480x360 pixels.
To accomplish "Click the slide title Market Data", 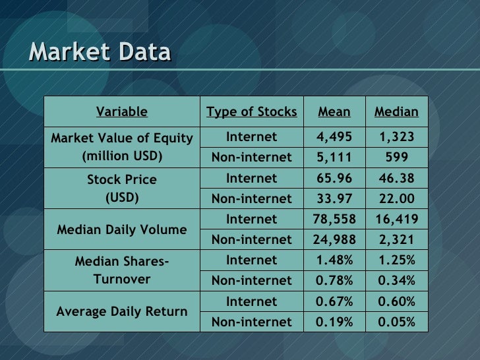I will point(100,52).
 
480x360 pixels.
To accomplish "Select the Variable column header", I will point(121,111).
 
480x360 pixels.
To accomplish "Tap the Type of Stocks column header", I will point(251,111).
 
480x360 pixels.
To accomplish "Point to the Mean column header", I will point(334,111).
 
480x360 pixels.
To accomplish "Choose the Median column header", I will point(396,111).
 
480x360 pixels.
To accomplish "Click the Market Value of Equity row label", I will point(121,147).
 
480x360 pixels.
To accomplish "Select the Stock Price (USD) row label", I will point(121,188).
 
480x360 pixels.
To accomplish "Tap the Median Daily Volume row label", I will point(121,230).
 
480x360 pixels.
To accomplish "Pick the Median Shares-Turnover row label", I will point(121,270).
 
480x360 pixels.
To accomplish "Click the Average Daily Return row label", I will point(121,311).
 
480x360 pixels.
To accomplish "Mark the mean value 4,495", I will point(334,137).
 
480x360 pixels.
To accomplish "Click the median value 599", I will point(396,158).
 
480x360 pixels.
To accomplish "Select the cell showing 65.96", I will point(334,178).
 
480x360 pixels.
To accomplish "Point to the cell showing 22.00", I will point(396,198).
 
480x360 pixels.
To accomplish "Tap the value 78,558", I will point(334,219).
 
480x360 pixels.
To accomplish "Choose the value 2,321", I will point(396,240).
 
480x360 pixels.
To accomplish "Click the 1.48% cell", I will point(334,260).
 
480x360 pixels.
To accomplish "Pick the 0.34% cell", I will point(396,281).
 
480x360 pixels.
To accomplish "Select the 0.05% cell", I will point(396,322).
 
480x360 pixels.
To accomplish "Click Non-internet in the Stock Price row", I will point(251,198).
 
